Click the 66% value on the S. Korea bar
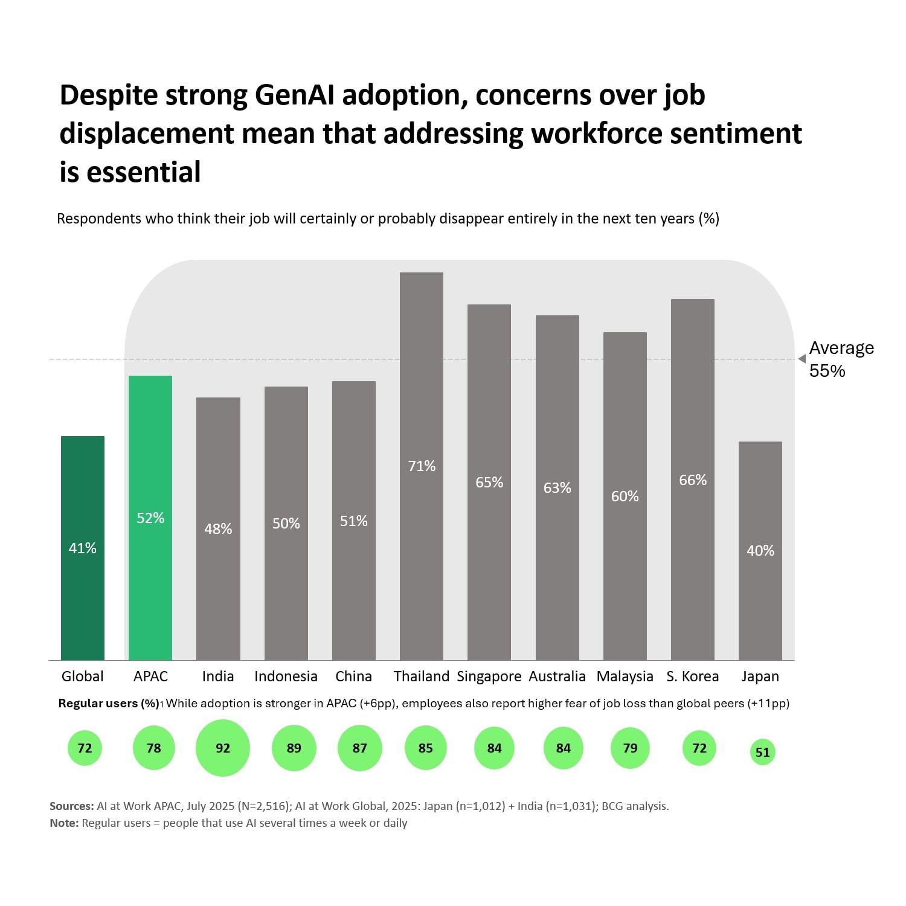point(693,480)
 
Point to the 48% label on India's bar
point(218,529)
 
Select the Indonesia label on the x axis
point(286,676)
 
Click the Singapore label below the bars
point(489,676)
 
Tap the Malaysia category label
point(625,676)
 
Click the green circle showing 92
point(223,748)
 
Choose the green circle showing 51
point(763,752)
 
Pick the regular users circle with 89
point(294,748)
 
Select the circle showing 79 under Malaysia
point(630,748)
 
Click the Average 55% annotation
point(841,359)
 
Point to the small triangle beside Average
point(802,359)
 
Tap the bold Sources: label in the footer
point(71,806)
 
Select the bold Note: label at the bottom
point(64,823)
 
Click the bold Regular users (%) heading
point(109,704)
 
